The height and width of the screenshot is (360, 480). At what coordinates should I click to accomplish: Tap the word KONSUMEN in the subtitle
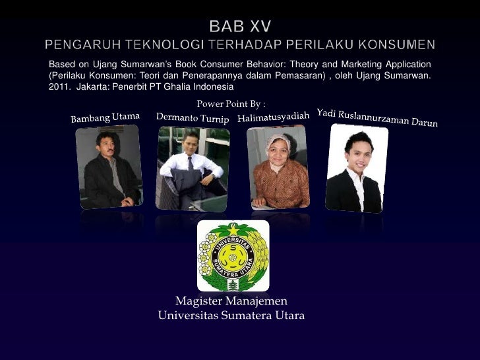coord(399,45)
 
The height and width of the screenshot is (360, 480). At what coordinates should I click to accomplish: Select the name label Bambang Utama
coord(105,119)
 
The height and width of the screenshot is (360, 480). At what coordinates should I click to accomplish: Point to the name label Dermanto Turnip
coord(193,118)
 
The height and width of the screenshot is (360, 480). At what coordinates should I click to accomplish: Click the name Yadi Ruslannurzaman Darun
coord(377,117)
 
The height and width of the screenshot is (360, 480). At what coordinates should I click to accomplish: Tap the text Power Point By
coord(231,104)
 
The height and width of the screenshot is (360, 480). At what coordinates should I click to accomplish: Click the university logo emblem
coord(233,256)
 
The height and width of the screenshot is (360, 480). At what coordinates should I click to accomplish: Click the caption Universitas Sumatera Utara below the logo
coord(231,316)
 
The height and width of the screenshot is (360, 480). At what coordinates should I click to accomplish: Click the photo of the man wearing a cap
coord(108,167)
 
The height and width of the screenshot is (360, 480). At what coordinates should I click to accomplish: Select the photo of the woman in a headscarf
coord(280,168)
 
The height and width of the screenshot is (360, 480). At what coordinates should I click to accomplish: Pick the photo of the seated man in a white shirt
coord(193,168)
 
